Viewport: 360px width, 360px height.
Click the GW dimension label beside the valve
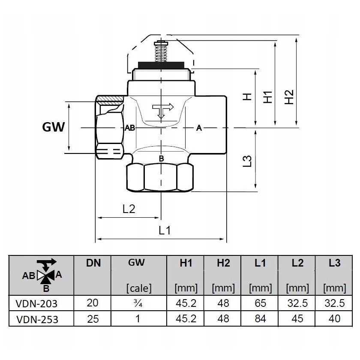click(53, 127)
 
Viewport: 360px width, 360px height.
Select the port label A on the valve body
click(199, 128)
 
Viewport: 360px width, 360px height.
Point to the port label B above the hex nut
click(161, 159)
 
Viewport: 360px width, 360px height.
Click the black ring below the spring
click(161, 66)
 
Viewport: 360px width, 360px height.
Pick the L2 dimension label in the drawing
click(129, 209)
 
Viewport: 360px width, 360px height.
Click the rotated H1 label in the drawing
click(268, 97)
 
